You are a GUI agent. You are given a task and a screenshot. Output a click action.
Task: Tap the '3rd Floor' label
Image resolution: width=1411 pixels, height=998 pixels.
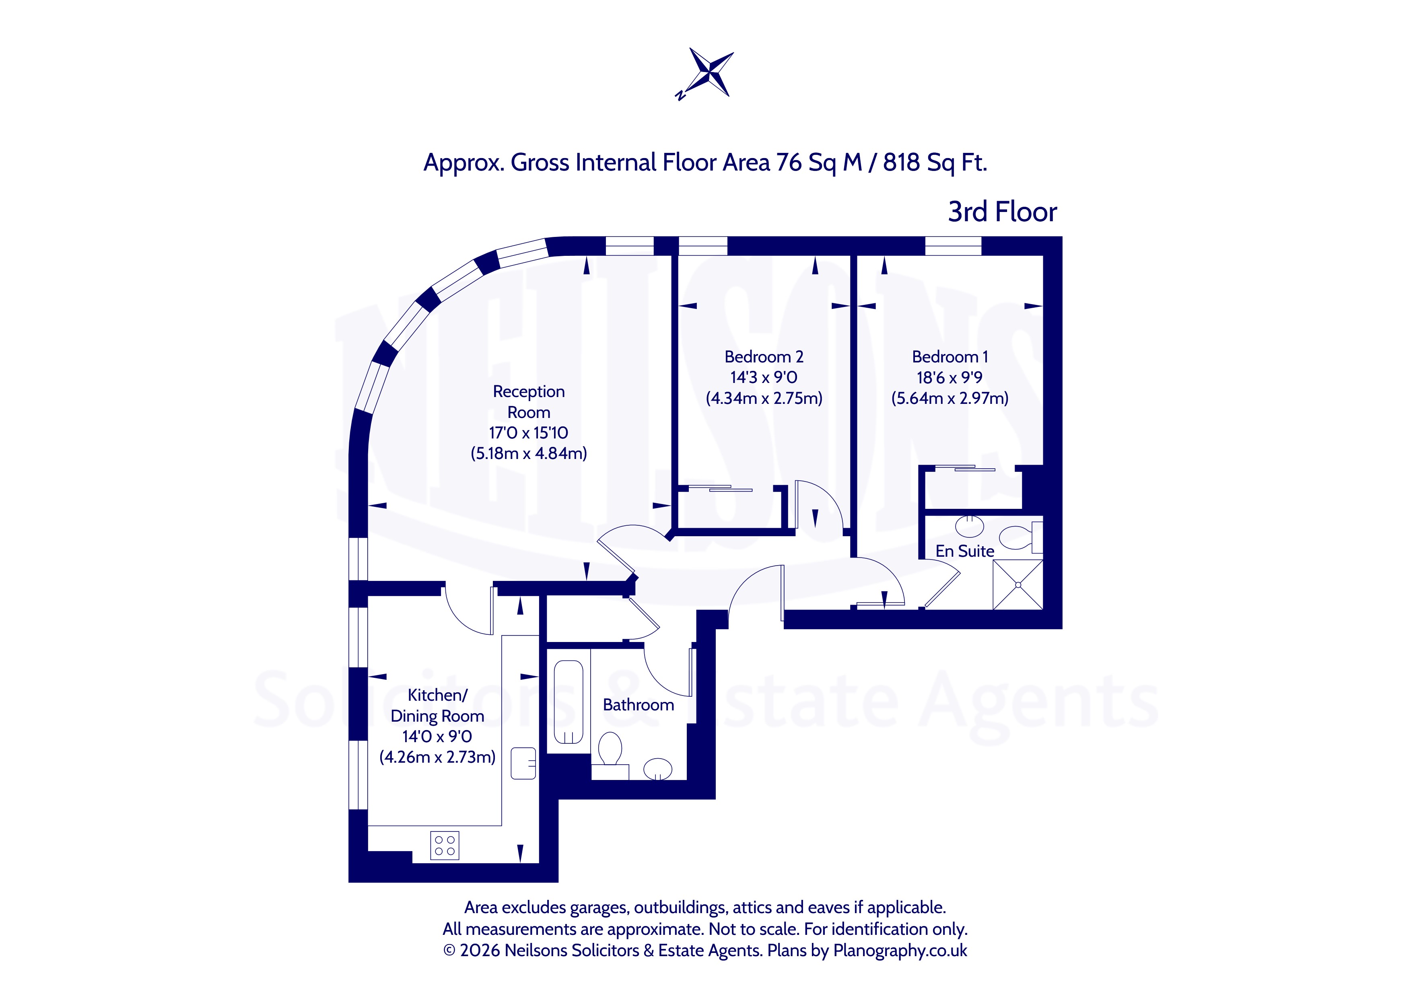1002,212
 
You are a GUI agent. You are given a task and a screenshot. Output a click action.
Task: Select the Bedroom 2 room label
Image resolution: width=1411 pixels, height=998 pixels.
764,357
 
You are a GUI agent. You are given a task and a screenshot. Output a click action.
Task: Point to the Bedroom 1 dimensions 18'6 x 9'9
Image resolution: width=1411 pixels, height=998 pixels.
950,377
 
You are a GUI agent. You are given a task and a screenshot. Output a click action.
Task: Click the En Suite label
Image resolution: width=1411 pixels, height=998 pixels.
965,551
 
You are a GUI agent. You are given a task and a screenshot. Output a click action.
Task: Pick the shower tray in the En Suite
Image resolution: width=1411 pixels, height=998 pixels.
1018,584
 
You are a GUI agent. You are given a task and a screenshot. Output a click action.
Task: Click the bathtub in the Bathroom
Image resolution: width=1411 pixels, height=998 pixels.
569,702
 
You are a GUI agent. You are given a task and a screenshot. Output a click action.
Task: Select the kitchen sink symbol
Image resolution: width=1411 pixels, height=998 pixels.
523,763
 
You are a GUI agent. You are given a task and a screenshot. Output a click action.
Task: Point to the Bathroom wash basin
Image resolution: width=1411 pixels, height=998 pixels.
657,769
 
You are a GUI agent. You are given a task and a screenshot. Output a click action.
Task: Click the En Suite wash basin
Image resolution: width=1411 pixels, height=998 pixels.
970,526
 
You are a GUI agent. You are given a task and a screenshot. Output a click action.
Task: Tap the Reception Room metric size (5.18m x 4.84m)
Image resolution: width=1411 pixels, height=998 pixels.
529,453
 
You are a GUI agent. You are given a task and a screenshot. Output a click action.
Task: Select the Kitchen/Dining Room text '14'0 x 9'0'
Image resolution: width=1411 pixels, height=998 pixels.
438,736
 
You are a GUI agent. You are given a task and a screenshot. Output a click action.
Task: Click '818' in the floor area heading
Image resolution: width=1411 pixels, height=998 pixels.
902,162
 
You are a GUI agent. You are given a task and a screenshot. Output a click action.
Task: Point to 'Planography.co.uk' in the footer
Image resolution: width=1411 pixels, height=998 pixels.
900,951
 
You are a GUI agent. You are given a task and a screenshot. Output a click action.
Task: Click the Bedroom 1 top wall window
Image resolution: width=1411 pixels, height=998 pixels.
953,245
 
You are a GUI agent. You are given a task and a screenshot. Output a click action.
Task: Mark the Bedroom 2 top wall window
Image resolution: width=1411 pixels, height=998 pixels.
702,245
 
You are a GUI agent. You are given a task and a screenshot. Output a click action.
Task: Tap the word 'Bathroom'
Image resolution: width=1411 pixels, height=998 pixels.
639,705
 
